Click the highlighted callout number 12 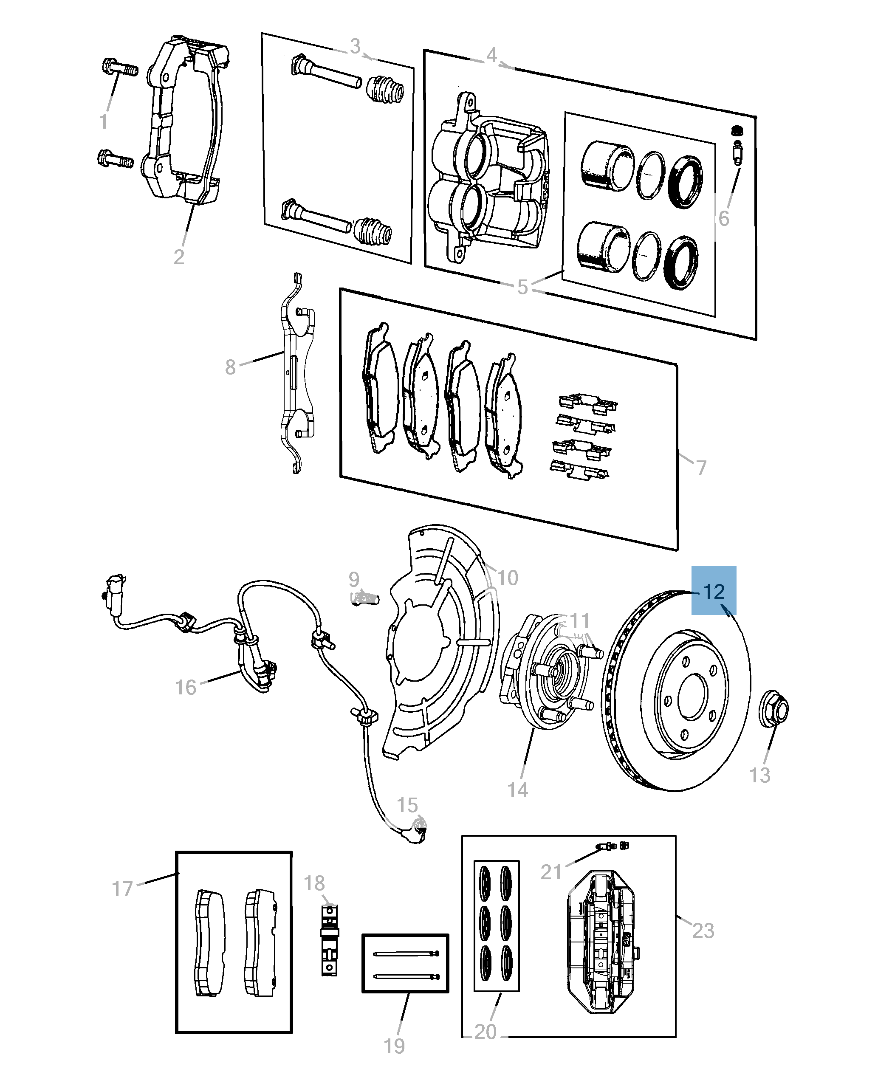point(714,591)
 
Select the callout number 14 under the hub point(517,790)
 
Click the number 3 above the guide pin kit point(355,46)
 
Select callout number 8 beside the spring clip point(230,367)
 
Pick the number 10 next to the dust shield point(508,578)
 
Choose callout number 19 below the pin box point(394,1046)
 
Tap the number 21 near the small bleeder point(551,872)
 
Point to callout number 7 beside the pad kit point(701,468)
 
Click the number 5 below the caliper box point(522,287)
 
